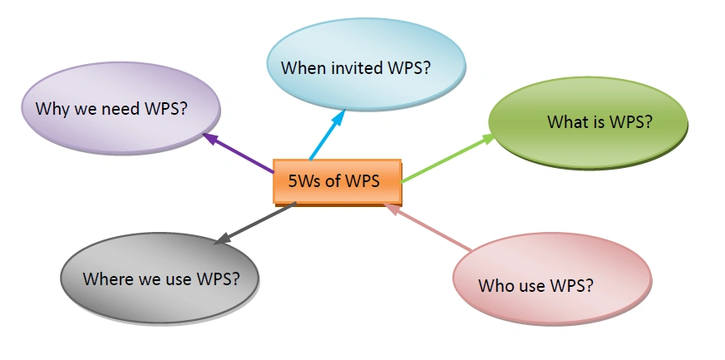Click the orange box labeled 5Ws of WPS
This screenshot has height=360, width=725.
(337, 181)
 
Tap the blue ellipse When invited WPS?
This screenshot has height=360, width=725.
(355, 67)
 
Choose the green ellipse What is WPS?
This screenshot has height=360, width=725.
(589, 121)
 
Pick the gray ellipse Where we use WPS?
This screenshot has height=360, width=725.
(160, 277)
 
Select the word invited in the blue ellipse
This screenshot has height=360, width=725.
(356, 68)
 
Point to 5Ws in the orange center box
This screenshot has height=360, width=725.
(304, 180)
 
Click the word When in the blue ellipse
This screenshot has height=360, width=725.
(303, 68)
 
